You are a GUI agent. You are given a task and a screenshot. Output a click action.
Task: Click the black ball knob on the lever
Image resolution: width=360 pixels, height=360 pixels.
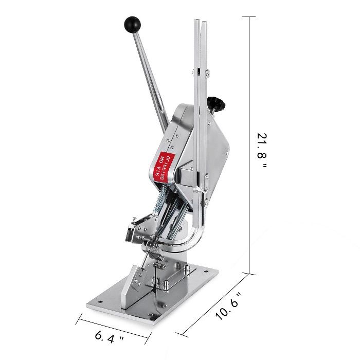coord(132,24)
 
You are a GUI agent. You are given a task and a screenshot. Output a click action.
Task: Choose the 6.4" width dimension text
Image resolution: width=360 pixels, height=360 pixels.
coord(109,338)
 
